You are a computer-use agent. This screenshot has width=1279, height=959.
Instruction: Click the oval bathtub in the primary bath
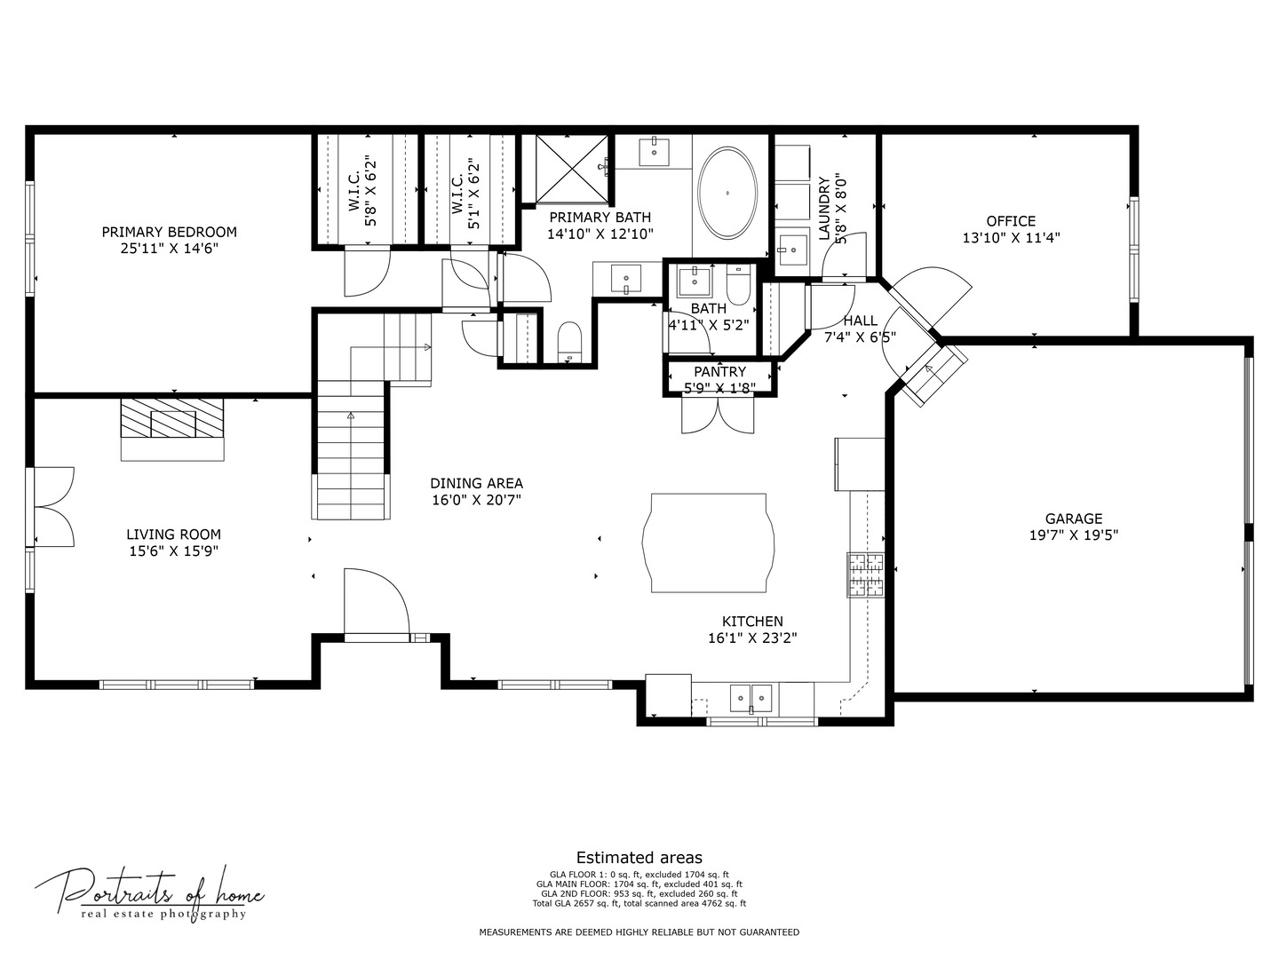pos(727,192)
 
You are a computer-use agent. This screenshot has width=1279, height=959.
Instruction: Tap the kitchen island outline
pos(708,495)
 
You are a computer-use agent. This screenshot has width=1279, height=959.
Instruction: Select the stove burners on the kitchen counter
pos(866,575)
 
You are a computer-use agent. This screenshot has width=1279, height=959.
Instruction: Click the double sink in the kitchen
pos(751,698)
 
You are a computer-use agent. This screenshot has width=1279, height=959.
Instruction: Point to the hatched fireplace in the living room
pos(172,418)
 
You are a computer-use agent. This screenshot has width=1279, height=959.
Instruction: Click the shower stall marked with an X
pos(572,169)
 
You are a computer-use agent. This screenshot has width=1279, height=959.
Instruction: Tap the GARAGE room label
pos(1073,519)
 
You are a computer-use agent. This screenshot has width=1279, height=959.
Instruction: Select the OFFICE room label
pos(1011,221)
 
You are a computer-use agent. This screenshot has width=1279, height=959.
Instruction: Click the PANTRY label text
pos(719,371)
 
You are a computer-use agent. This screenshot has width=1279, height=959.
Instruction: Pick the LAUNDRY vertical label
pos(824,209)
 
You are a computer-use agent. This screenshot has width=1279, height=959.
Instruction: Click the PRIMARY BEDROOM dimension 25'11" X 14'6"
pos(170,249)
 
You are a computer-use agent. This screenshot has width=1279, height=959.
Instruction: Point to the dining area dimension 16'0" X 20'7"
pos(476,500)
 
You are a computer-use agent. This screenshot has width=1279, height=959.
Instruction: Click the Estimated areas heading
pos(639,858)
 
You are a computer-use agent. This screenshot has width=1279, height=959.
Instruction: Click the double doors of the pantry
pos(718,415)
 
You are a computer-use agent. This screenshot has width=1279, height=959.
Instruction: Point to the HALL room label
pos(860,321)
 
